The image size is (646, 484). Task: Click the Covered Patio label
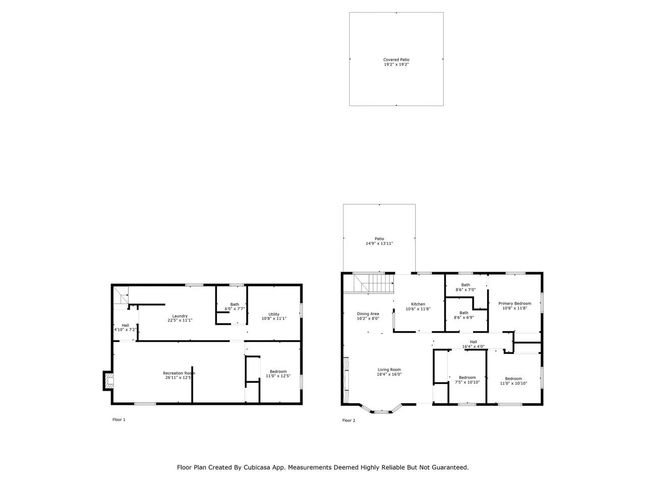[x=396, y=59]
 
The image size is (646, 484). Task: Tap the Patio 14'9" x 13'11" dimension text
[x=380, y=244]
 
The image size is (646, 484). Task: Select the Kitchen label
[x=418, y=304]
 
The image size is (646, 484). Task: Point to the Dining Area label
[x=368, y=314]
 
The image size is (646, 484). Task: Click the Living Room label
[x=389, y=370]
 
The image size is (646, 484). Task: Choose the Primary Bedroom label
[x=514, y=304]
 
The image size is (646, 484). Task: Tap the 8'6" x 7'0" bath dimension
[x=466, y=289]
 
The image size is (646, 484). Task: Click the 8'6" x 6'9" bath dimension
[x=464, y=318]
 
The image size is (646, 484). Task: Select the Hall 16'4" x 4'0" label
[x=473, y=344]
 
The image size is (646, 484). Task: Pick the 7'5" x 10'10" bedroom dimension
[x=467, y=382]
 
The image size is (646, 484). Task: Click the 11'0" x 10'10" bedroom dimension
[x=513, y=384]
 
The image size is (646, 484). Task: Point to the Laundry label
[x=180, y=316]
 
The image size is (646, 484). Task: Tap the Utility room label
[x=274, y=314]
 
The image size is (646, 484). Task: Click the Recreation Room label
[x=179, y=373]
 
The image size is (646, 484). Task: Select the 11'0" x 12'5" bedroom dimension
[x=278, y=376]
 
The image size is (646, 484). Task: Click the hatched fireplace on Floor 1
[x=110, y=381]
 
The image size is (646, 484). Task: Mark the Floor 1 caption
[x=119, y=419]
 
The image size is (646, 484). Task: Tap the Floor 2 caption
[x=349, y=420]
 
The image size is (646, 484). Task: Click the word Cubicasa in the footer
[x=255, y=467]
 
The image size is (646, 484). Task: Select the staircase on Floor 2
[x=369, y=283]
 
